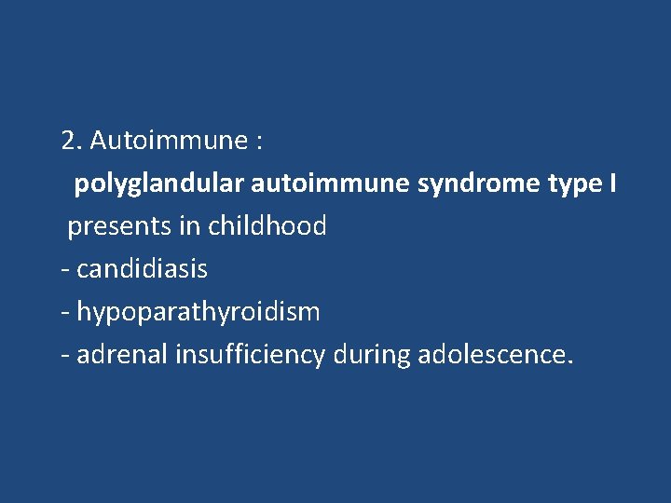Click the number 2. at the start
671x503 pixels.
tap(72, 141)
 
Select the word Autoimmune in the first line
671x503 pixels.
tap(163, 141)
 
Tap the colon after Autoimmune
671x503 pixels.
tap(257, 143)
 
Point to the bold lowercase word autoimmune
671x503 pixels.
tap(330, 184)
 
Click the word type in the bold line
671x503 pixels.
tap(573, 184)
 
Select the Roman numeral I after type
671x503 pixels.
tap(612, 184)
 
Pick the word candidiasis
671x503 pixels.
tap(142, 269)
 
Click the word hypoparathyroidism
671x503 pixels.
tap(198, 312)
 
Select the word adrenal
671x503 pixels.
tap(118, 355)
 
